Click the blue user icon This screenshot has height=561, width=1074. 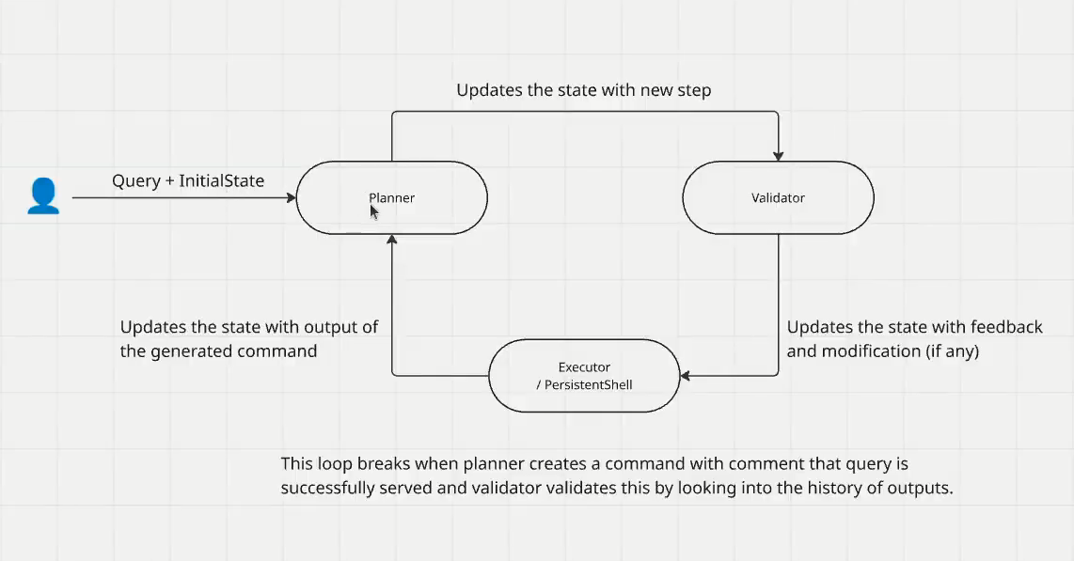[43, 196]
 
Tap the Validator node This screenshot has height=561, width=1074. [778, 198]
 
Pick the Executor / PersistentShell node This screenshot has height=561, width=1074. [583, 375]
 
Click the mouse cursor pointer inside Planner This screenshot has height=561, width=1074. [373, 211]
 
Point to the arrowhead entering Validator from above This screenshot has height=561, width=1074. [778, 155]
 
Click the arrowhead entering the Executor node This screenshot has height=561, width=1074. [686, 376]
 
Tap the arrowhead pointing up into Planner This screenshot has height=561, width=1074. [391, 242]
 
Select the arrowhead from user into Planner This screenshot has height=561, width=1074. [291, 198]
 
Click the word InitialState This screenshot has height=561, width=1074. [220, 180]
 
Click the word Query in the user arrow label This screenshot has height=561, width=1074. [135, 180]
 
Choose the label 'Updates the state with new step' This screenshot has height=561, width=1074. [583, 90]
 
